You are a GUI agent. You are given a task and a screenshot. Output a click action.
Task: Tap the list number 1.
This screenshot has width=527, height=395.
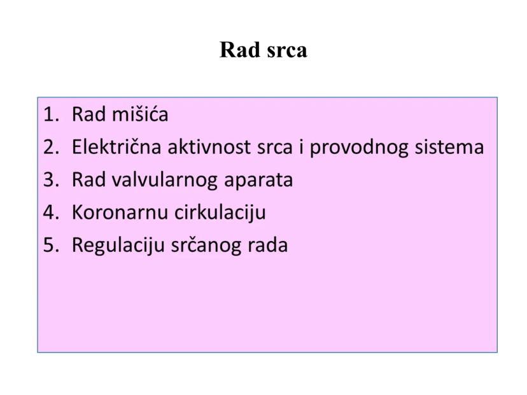[50, 115]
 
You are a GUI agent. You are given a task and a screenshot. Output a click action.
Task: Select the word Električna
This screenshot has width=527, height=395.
[116, 148]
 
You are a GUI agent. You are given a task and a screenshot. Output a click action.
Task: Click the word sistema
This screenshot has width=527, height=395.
[449, 148]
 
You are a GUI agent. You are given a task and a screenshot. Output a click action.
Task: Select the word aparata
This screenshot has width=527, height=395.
[258, 181]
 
